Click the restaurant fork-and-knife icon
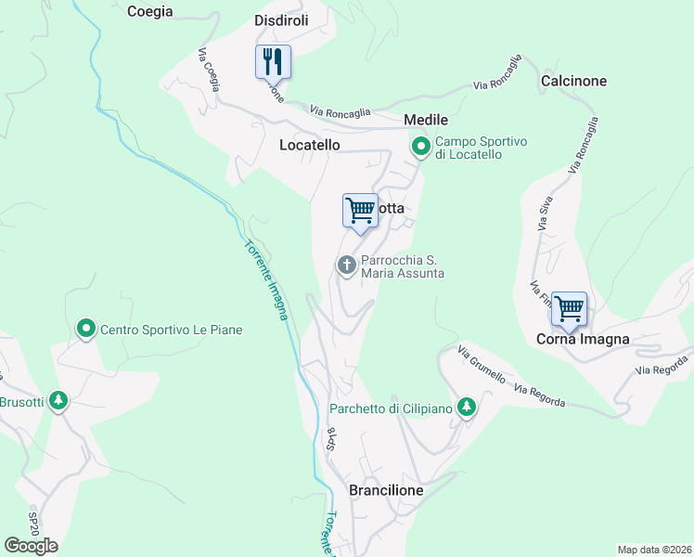(273, 62)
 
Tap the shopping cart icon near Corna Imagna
(569, 308)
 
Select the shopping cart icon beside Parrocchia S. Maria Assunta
(360, 211)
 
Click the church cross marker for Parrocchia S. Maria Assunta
(347, 266)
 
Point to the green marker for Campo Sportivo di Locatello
(421, 147)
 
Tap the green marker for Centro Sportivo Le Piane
(86, 329)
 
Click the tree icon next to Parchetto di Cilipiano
(468, 407)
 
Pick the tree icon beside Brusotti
(59, 401)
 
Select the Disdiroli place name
(281, 20)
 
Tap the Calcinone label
(573, 81)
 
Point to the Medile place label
(426, 120)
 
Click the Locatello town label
(310, 145)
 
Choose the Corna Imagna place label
(583, 339)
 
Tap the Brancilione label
(386, 490)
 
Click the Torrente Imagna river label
(266, 280)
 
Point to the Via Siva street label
(545, 213)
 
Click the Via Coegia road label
(209, 70)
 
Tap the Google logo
(32, 546)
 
